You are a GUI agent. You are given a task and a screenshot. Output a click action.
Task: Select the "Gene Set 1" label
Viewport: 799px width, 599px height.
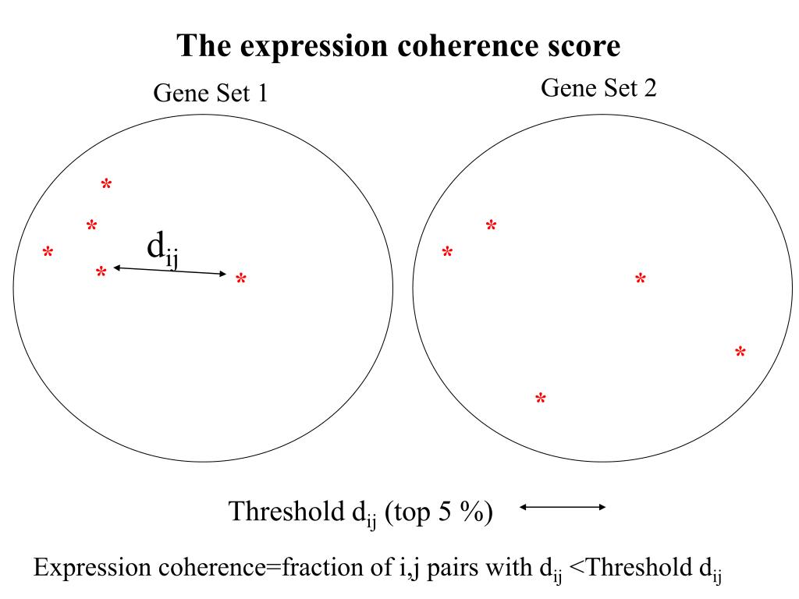(211, 94)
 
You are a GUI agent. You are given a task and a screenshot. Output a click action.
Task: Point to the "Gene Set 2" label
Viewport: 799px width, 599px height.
(598, 88)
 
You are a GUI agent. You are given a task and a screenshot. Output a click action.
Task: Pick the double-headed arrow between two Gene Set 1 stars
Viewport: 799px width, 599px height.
(170, 271)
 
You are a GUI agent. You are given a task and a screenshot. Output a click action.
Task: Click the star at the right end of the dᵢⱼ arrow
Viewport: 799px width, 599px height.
(241, 279)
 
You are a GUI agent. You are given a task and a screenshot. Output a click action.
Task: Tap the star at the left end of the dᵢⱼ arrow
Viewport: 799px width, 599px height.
(101, 273)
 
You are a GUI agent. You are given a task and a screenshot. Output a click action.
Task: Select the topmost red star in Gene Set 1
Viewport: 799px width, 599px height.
(106, 185)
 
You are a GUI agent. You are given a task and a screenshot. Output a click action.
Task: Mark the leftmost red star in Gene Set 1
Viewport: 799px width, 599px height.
(48, 253)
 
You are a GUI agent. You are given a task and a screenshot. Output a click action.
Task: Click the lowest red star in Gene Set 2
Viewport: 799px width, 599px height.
(540, 399)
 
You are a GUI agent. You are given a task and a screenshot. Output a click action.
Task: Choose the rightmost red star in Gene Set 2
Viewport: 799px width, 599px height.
(740, 353)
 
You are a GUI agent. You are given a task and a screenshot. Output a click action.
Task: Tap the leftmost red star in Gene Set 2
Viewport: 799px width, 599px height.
(447, 253)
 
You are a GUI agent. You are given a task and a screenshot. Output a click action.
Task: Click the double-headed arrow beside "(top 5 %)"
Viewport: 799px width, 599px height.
(563, 508)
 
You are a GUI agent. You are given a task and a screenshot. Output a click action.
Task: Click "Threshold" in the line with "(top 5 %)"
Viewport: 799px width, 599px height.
(282, 512)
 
